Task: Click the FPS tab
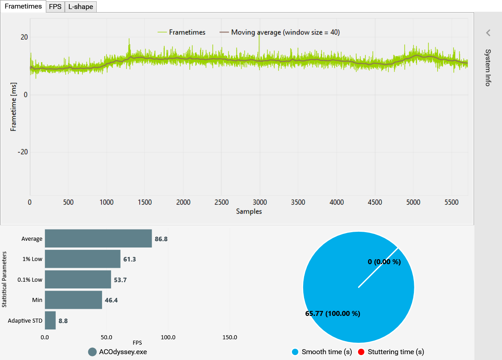(55, 7)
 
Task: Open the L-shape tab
(81, 7)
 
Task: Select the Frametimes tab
(23, 7)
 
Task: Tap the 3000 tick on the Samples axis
(260, 202)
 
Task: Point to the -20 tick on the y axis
(22, 152)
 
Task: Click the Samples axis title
(249, 211)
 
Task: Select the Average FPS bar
(98, 238)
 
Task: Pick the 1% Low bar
(82, 259)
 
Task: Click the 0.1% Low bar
(78, 279)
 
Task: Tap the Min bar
(73, 300)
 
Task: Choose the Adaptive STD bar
(50, 320)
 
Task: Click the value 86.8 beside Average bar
(161, 239)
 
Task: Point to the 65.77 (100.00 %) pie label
(332, 314)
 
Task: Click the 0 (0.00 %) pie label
(384, 261)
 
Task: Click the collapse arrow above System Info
(488, 33)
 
